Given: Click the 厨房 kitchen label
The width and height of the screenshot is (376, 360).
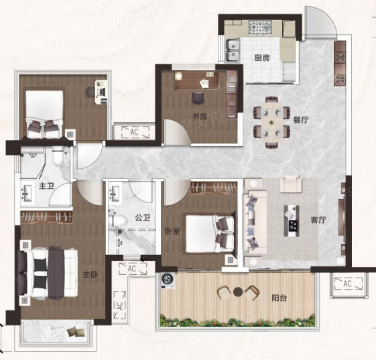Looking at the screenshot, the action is click(x=262, y=58).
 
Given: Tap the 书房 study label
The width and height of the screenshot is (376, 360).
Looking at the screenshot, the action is click(x=200, y=117).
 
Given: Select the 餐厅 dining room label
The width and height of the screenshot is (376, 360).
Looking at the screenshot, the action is click(x=301, y=120).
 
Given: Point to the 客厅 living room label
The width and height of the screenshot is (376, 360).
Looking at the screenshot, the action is click(x=318, y=220).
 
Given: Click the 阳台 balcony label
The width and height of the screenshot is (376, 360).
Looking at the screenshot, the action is click(x=279, y=298).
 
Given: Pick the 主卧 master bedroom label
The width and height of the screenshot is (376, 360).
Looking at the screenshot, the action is click(x=90, y=275).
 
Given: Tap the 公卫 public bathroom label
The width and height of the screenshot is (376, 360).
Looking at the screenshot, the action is click(x=143, y=218).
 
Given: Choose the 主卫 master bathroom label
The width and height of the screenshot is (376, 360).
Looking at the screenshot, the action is click(x=46, y=186).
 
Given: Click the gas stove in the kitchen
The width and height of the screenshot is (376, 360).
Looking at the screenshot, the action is click(x=260, y=27).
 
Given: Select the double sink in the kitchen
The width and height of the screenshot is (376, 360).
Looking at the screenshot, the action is click(x=233, y=50).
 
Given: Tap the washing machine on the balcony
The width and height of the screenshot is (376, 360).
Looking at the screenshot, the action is click(x=168, y=281).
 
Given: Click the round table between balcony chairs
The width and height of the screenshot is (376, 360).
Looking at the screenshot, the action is click(x=238, y=292).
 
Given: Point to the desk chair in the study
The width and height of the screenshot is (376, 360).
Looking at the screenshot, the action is click(x=198, y=98).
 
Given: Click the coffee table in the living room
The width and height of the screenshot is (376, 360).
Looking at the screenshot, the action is click(x=292, y=221).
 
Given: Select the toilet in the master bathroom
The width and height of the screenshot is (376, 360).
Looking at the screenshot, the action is click(x=58, y=156).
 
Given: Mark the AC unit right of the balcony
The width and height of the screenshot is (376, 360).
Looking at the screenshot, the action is click(x=348, y=284).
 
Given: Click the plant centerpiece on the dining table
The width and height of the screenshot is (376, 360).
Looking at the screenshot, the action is click(x=271, y=123).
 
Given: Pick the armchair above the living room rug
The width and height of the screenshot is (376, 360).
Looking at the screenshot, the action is click(x=291, y=184).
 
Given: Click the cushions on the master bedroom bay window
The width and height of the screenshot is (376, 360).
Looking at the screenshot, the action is click(x=76, y=333).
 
